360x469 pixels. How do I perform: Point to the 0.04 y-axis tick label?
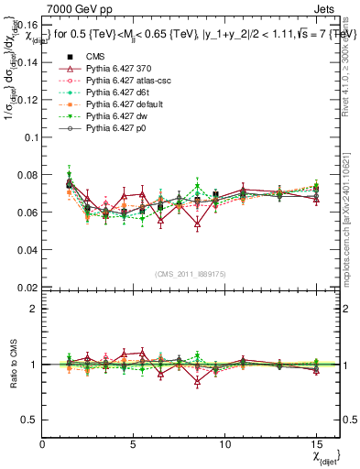(25, 249)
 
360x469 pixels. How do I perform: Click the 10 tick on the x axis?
(226, 444)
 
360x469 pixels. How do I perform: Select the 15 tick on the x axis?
(318, 444)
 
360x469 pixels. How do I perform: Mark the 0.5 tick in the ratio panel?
(28, 420)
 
